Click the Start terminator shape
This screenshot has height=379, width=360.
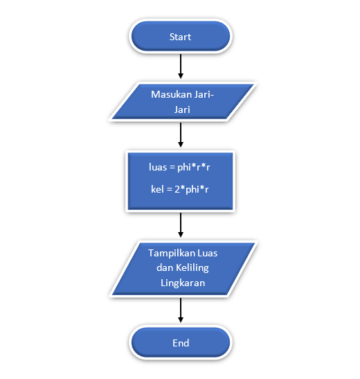tap(180, 37)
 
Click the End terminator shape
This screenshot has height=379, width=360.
tap(180, 343)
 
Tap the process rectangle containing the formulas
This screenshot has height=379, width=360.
tap(180, 179)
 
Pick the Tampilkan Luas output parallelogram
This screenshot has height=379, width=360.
tap(180, 268)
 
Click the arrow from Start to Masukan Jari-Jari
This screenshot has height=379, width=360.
tap(180, 67)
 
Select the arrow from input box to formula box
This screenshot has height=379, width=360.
tap(180, 134)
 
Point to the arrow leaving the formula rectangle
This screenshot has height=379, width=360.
tap(180, 224)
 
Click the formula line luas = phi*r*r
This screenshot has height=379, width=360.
tap(180, 167)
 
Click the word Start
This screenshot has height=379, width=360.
tap(180, 37)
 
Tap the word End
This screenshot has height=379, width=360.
tap(180, 343)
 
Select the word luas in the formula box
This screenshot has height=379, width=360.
tap(159, 167)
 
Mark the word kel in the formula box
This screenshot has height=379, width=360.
tap(157, 189)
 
